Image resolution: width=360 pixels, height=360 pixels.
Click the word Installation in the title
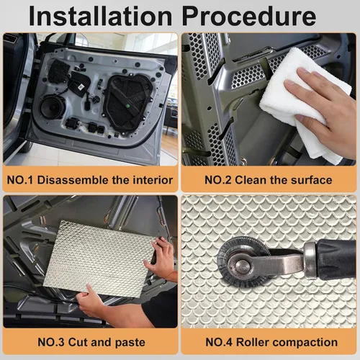100,16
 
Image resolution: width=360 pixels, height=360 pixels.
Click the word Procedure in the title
249,16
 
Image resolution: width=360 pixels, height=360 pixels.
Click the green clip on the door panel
128,106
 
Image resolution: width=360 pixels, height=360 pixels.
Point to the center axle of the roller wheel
242,264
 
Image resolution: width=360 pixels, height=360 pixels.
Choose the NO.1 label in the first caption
20,180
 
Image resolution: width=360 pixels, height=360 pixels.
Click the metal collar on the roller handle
311,261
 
